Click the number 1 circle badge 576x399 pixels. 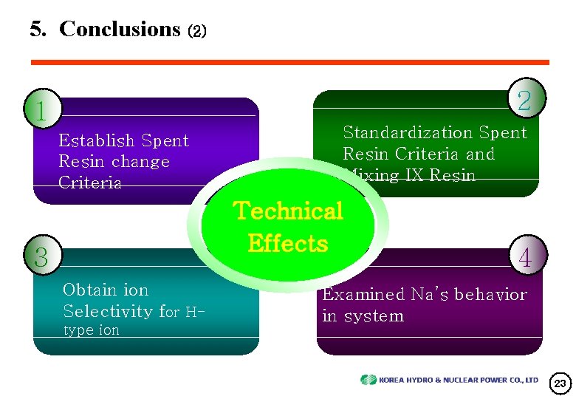pos(41,110)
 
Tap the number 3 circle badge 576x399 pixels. pos(41,256)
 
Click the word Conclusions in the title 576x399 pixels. pos(120,29)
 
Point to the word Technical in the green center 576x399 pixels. pos(288,211)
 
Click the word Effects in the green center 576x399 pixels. pos(288,243)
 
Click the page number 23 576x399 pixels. pos(559,383)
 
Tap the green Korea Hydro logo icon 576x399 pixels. pos(368,380)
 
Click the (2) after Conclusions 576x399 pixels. pos(198,31)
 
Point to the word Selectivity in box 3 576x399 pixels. pos(108,311)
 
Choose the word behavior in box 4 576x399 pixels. pos(490,294)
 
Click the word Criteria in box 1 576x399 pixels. pos(90,183)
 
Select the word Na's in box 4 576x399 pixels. pos(424,294)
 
